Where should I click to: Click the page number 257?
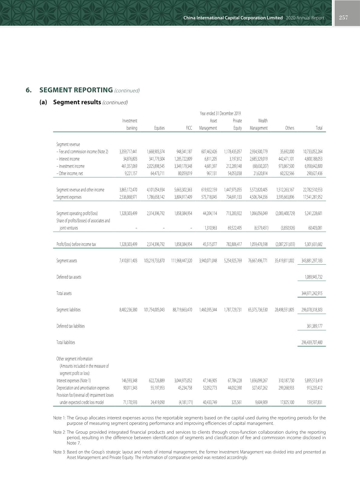tap(343, 18)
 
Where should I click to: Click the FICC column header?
tap(189, 128)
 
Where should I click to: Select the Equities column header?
tap(159, 128)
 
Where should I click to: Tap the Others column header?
tap(290, 128)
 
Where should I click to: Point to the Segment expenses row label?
tap(69, 197)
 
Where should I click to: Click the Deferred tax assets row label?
tap(69, 277)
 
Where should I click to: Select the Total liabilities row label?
tap(66, 342)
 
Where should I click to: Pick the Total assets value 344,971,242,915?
tap(312, 293)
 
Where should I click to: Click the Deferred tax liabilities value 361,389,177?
tap(314, 326)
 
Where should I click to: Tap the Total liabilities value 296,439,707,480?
tap(312, 342)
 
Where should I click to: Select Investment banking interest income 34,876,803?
tap(128, 159)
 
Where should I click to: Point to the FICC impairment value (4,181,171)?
tap(184, 402)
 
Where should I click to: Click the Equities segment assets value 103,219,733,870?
tap(154, 261)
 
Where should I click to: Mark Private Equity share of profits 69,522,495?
tap(234, 228)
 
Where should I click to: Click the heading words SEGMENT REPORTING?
tap(76, 90)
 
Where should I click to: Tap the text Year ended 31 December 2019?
tap(220, 114)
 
